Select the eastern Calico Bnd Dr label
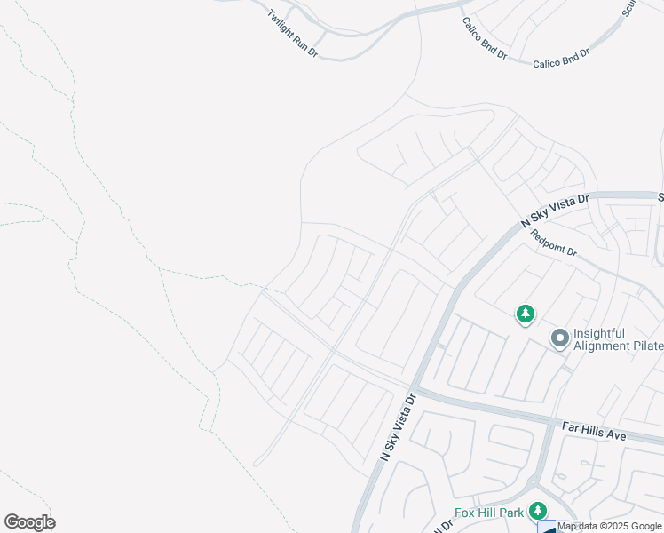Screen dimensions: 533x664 (561, 60)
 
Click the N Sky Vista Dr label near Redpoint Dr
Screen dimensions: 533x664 (554, 212)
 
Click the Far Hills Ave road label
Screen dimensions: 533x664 (595, 432)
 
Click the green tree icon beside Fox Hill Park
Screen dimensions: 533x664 (537, 511)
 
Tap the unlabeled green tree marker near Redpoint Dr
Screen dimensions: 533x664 (526, 314)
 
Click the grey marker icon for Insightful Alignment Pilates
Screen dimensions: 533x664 (559, 338)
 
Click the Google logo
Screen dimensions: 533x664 (29, 522)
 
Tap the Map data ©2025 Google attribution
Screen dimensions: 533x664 (609, 526)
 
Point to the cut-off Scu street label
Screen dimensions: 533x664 (629, 8)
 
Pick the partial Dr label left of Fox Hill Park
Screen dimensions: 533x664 (439, 527)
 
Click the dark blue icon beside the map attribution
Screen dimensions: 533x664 (548, 528)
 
